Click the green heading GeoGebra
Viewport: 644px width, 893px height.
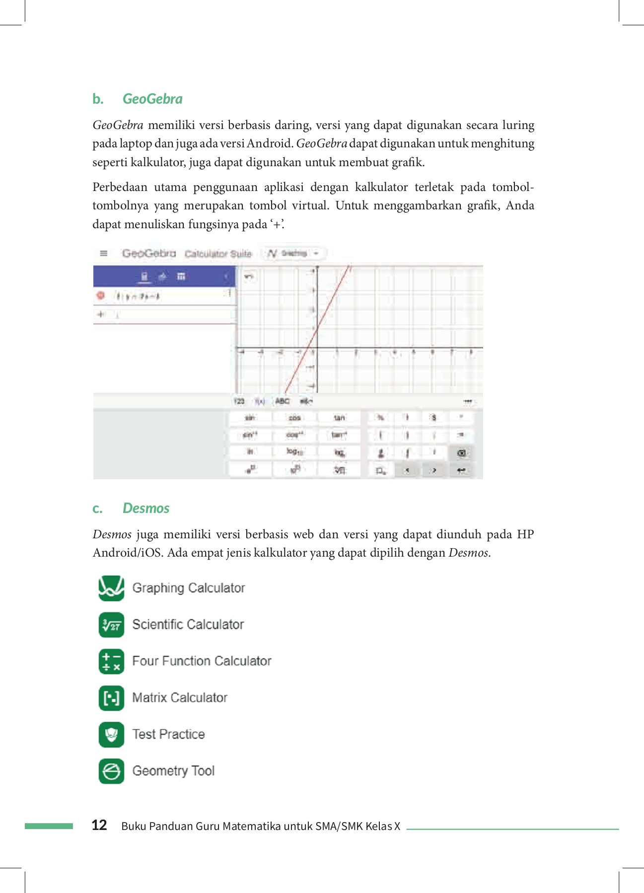click(x=152, y=99)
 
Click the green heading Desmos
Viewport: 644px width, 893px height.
click(x=146, y=509)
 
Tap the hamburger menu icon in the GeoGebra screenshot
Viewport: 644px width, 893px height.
click(x=104, y=254)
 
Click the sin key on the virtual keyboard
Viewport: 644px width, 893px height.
click(x=250, y=418)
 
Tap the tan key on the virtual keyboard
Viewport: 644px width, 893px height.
click(x=339, y=418)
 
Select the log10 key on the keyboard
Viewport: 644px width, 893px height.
click(x=294, y=452)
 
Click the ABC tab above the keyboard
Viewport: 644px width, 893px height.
click(x=282, y=401)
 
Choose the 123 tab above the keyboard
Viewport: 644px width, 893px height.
click(x=239, y=401)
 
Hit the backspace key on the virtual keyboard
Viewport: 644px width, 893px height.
click(x=461, y=453)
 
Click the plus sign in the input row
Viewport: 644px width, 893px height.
click(x=101, y=315)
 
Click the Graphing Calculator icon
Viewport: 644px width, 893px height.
click(x=111, y=588)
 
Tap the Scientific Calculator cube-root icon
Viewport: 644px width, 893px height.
click(x=111, y=625)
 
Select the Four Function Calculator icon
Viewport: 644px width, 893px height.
click(x=111, y=661)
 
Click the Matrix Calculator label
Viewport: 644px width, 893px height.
click(x=180, y=698)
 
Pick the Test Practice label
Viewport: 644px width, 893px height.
click(x=168, y=734)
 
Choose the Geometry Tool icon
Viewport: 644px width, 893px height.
click(x=111, y=771)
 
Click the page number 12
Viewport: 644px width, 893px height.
click(x=99, y=825)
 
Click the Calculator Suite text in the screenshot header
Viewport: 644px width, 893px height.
click(x=218, y=254)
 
